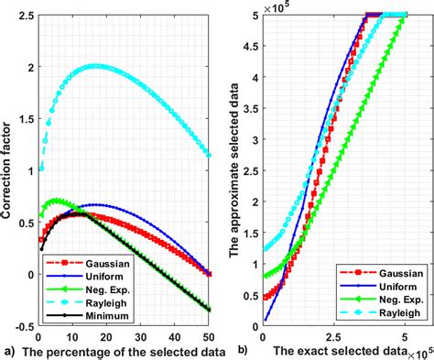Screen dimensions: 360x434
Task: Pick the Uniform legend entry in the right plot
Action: pos(376,285)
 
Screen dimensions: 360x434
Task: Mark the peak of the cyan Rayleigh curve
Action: pos(95,66)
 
